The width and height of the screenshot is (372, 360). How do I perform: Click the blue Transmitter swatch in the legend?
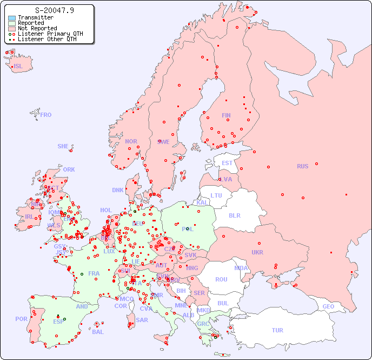(12, 18)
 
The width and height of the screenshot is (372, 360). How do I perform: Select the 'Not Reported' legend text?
(37, 28)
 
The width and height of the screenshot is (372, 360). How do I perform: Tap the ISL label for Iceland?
(18, 67)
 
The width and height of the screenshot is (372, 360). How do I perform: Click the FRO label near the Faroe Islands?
(46, 115)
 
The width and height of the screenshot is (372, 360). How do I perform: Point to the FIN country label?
(226, 115)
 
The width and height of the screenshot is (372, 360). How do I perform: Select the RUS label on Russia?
(302, 166)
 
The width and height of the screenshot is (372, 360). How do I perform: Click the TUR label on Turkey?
(277, 330)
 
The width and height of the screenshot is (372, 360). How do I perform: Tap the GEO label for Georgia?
(328, 306)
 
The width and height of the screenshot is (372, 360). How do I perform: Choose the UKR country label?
(257, 252)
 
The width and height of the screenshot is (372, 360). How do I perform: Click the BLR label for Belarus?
(234, 215)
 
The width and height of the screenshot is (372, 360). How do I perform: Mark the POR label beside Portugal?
(21, 319)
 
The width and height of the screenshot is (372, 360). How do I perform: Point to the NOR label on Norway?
(131, 141)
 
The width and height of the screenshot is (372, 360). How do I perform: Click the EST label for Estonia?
(227, 163)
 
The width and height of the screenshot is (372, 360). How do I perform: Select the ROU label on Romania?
(221, 279)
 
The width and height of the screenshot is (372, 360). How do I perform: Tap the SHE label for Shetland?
(63, 146)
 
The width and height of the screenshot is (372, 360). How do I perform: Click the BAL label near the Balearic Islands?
(98, 332)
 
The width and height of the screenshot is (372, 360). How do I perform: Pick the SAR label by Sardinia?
(142, 320)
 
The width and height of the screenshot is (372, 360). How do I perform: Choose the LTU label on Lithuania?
(216, 195)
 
